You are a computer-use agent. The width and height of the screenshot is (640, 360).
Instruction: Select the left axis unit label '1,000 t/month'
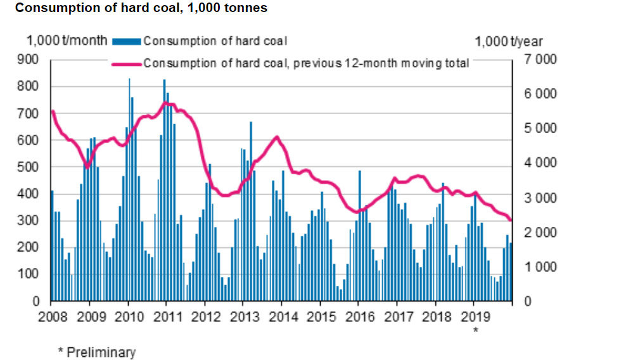pyautogui.click(x=67, y=41)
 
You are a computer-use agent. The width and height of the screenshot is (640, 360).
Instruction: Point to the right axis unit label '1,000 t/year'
pyautogui.click(x=509, y=42)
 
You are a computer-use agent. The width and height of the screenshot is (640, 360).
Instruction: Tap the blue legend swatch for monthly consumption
pyautogui.click(x=127, y=42)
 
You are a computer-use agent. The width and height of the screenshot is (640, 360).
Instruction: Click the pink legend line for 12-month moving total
pyautogui.click(x=127, y=64)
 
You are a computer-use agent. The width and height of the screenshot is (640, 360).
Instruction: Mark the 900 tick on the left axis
pyautogui.click(x=31, y=60)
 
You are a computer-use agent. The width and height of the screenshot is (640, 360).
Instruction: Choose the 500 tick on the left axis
pyautogui.click(x=31, y=167)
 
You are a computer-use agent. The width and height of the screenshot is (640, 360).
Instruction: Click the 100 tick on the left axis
pyautogui.click(x=31, y=274)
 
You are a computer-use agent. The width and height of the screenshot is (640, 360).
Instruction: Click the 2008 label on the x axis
pyautogui.click(x=51, y=317)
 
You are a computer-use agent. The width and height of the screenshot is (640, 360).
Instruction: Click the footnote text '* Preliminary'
pyautogui.click(x=96, y=352)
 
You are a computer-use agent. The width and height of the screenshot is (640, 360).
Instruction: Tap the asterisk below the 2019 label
pyautogui.click(x=475, y=330)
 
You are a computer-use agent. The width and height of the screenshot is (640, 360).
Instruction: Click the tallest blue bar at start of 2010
pyautogui.click(x=129, y=190)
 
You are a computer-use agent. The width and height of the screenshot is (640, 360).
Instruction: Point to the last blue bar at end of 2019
pyautogui.click(x=511, y=272)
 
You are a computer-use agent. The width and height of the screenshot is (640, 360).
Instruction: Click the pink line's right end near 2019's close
pyautogui.click(x=511, y=220)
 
